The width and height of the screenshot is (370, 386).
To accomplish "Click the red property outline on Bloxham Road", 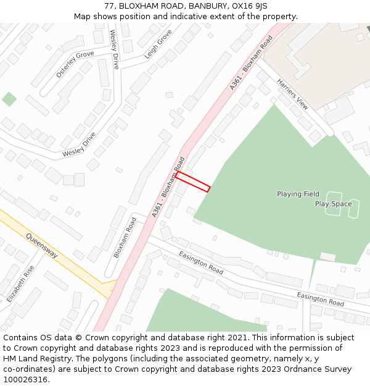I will pos(193,182).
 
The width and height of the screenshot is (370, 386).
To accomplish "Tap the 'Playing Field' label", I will pos(298,194).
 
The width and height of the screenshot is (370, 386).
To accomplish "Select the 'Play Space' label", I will pos(333,204).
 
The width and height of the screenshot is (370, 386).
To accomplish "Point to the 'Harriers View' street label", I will pos(292,94).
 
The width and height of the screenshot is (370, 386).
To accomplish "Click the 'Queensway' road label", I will pos(42,245).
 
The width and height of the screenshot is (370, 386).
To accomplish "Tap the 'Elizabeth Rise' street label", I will pos(20,283).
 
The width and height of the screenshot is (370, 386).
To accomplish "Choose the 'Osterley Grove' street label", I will pos(75,64).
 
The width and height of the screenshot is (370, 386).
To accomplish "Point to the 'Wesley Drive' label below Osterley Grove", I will pos(80,144).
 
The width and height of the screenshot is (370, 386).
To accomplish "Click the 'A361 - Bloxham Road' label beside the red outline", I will pos(168,187).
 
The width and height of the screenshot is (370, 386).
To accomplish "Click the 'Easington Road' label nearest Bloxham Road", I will pos(201,262).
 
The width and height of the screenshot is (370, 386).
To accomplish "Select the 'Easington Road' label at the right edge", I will pos(320,300).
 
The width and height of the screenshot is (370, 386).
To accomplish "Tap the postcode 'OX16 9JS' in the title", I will pos(249,6).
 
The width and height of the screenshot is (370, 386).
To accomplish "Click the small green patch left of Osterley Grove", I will pos(9,99).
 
